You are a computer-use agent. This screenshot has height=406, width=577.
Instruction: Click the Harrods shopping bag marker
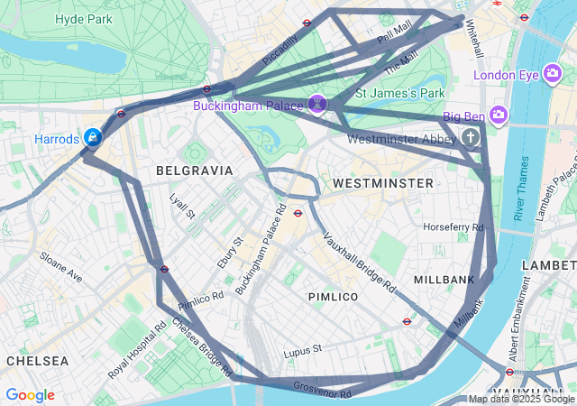92,137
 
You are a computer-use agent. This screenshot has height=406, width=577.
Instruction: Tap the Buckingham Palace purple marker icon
317,105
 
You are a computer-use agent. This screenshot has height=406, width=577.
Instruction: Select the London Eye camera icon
554,75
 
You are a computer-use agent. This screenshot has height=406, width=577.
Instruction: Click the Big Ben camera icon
499,115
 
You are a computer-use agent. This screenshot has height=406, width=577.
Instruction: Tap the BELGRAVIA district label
194,171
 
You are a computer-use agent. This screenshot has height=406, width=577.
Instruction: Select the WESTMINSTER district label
382,183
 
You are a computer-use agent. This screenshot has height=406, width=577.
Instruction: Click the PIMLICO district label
333,297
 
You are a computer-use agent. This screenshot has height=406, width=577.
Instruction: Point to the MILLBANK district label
444,280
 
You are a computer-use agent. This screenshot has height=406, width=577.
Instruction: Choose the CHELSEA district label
37,361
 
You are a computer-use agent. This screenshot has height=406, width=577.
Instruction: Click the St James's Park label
401,93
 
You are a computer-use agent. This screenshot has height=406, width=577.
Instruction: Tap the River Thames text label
520,188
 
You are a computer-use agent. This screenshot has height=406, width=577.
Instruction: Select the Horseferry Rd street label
453,226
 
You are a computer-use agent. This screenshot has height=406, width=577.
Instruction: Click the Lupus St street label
302,349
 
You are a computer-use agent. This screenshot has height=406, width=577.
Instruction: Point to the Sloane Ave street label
60,268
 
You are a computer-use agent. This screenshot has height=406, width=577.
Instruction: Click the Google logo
30,395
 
